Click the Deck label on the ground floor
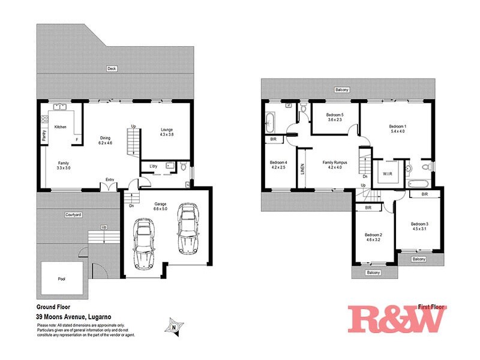(x=112, y=69)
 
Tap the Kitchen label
(x=61, y=127)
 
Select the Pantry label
(x=44, y=136)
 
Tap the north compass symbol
(x=173, y=327)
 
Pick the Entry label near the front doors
(x=110, y=179)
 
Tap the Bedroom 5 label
(x=334, y=115)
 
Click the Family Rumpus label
(x=335, y=163)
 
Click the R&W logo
(x=397, y=318)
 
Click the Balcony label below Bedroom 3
(x=419, y=259)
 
